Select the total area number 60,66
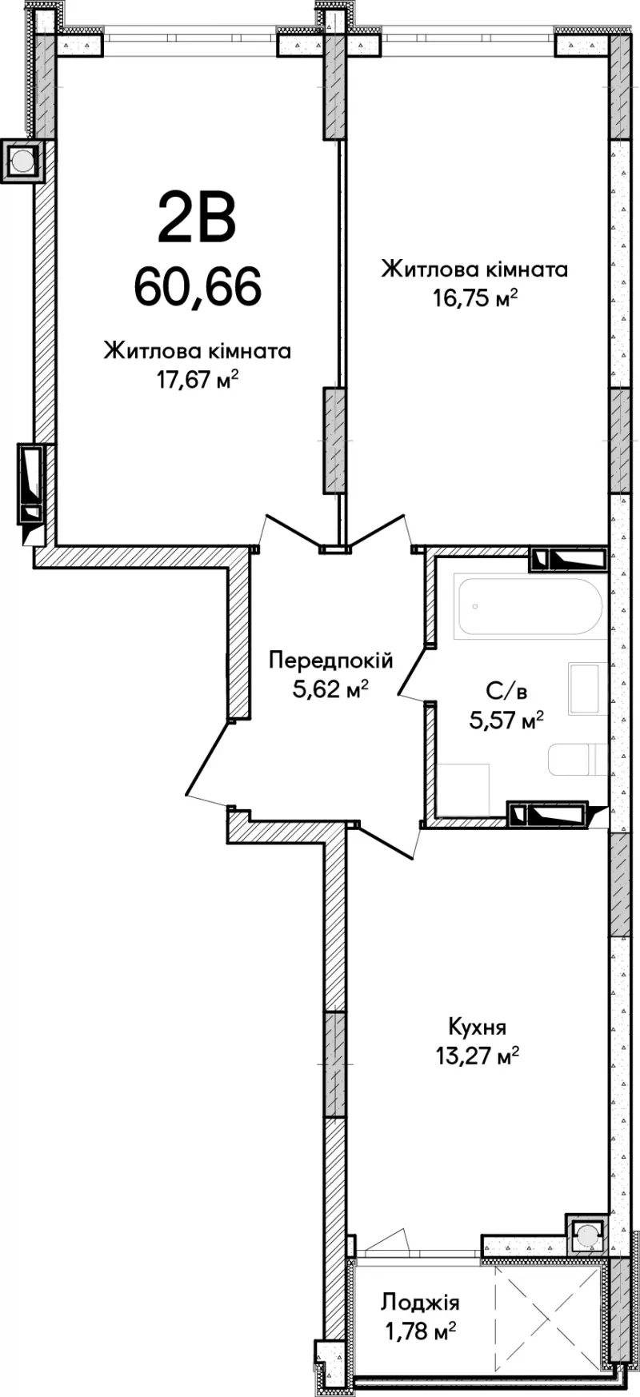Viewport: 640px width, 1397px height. coord(198,286)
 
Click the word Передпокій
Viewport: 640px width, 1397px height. coord(330,661)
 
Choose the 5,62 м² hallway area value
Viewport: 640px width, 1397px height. coord(330,689)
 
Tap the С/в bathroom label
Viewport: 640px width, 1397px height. coord(506,691)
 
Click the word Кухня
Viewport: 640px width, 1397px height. coord(477,1027)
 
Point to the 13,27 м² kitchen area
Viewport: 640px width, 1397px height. coord(477,1056)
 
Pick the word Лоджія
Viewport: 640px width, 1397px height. coord(420,1303)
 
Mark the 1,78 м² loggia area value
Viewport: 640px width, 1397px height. coord(420,1331)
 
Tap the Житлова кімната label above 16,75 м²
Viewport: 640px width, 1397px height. coord(475,269)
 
